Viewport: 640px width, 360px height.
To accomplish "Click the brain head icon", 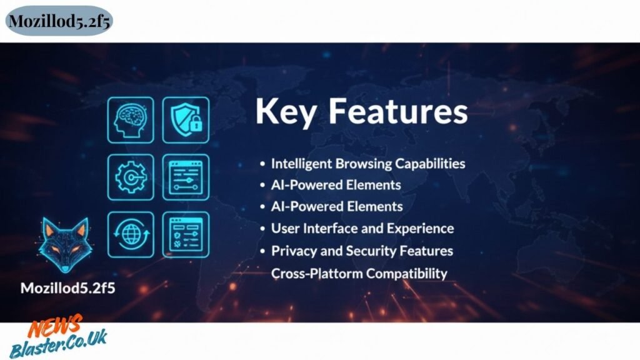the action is tap(131, 120).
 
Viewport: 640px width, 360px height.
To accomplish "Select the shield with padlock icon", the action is tap(186, 120).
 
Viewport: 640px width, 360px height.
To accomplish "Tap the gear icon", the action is tap(131, 177).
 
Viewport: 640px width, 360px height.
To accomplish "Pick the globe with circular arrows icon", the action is tap(131, 235).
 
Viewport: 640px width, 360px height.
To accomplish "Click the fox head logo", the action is tap(65, 245).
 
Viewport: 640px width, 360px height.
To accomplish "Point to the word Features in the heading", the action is tap(398, 111).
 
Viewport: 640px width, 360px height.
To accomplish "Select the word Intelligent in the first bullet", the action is tap(302, 164).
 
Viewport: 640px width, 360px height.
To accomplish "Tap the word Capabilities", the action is tap(430, 164).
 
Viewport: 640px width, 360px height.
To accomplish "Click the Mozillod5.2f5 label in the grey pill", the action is tap(59, 21).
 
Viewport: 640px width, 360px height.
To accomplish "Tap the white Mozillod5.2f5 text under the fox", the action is tap(67, 288).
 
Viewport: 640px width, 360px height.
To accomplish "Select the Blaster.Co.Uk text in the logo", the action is tap(59, 344).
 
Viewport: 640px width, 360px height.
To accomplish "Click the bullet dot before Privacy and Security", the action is tap(262, 251).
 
